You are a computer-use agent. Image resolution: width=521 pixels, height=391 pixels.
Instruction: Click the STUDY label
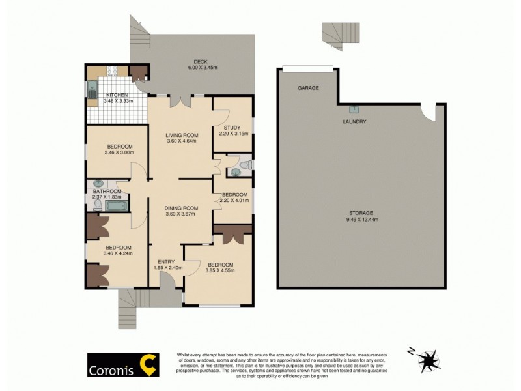click(232, 128)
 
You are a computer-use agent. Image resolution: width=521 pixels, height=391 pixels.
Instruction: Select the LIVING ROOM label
click(181, 135)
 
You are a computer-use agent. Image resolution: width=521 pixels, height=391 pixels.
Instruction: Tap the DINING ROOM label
click(181, 207)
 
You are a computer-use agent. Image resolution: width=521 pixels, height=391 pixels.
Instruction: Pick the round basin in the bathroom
click(98, 184)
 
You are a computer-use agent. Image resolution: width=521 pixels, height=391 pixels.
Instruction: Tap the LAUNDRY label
click(354, 122)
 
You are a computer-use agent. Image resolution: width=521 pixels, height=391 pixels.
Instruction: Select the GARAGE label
click(308, 87)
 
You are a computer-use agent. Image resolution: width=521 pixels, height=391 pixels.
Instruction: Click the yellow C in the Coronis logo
click(150, 365)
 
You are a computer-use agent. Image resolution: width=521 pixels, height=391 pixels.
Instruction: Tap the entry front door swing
click(167, 280)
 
